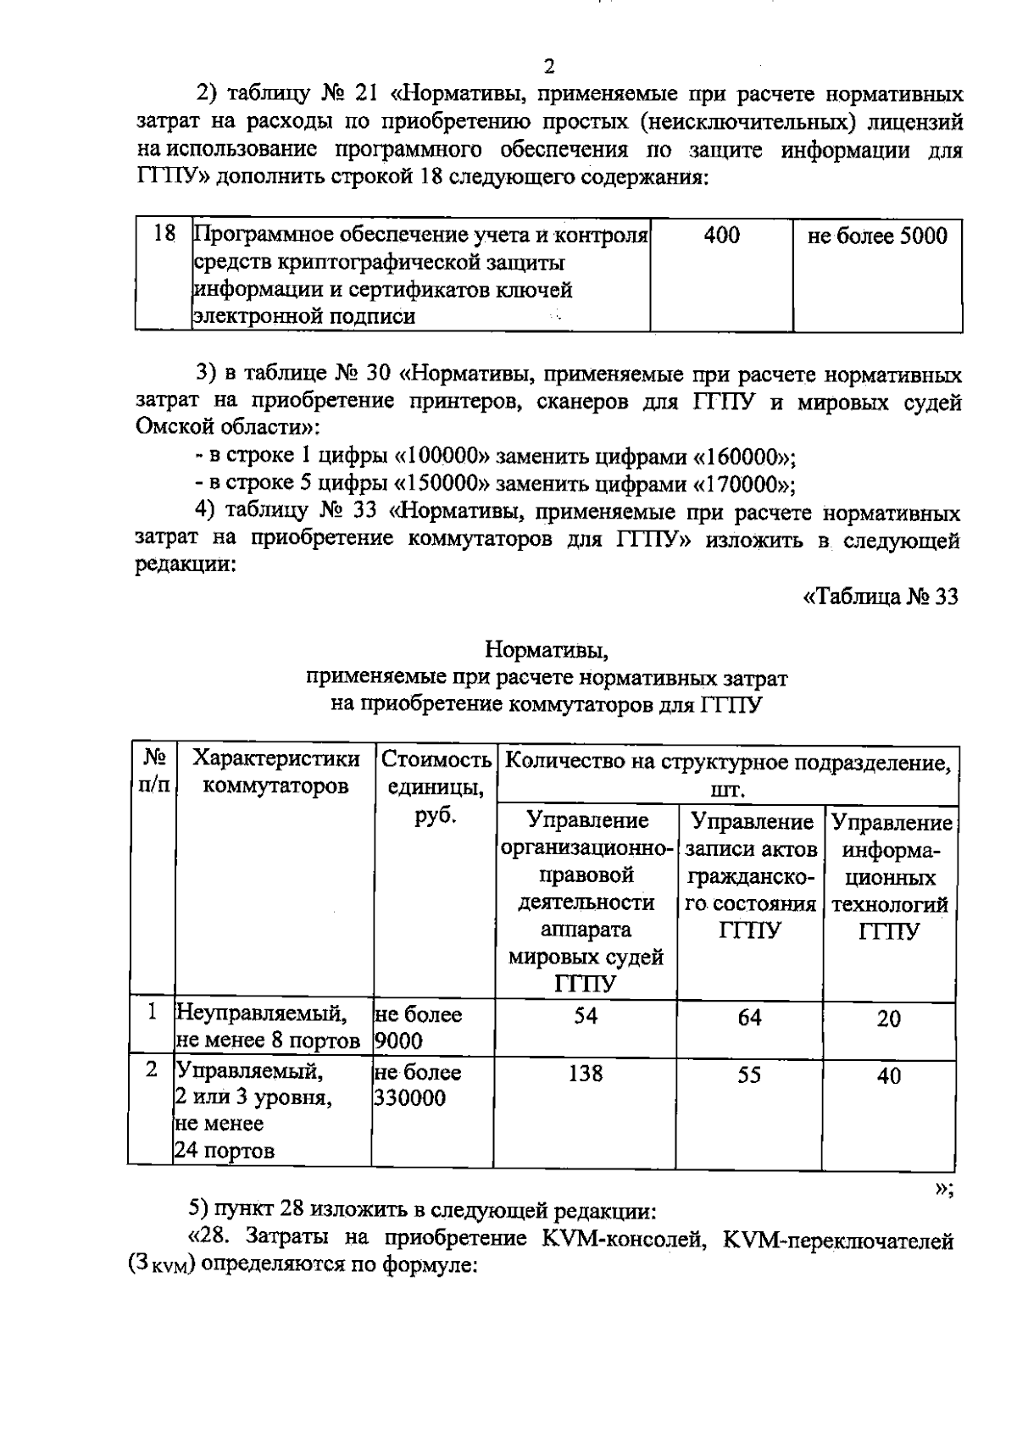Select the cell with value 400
pos(721,236)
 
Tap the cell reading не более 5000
pos(877,236)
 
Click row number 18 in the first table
pos(164,234)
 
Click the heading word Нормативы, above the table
pos(547,651)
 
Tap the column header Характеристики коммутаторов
pos(275,772)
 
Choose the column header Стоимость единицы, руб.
pos(435,786)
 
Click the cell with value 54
pos(586,1016)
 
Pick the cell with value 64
pos(749,1017)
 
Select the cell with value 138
pos(586,1074)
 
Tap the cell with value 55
pos(749,1074)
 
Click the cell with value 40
pos(888,1076)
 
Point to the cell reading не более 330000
pos(417,1085)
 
